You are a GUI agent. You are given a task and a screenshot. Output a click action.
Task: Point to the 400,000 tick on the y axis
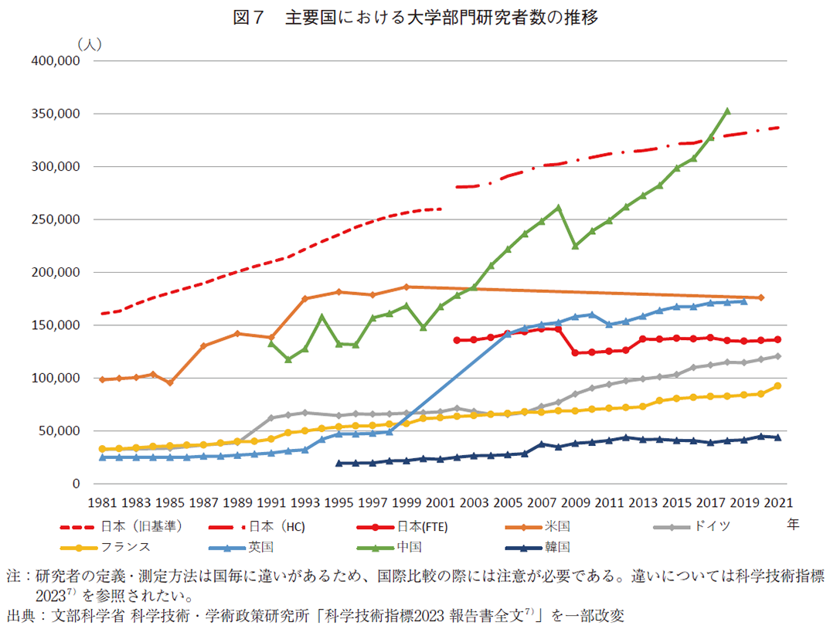tap(55, 61)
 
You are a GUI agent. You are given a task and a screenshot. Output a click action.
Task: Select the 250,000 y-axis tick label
tap(55, 219)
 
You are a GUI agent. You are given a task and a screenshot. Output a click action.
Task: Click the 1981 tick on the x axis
tap(102, 502)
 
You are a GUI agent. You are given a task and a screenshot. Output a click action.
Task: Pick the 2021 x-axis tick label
tap(777, 502)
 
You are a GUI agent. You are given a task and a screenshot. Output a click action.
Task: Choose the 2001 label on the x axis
tap(440, 502)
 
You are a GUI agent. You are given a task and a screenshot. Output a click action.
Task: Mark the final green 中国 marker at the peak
tap(726, 111)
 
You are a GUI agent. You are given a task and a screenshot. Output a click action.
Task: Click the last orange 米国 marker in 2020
tap(760, 297)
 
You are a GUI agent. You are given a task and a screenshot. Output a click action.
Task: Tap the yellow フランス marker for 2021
tap(777, 386)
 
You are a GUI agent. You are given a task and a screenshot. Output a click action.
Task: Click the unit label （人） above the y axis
tap(87, 44)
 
